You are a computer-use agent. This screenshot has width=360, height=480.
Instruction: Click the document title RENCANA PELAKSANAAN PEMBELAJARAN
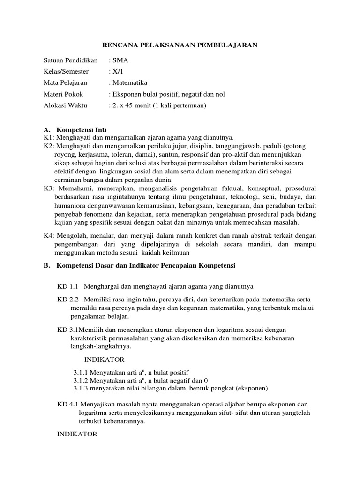[180, 45]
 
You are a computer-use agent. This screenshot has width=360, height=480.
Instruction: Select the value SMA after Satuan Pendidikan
[118, 60]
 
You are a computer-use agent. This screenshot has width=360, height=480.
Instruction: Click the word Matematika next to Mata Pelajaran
[129, 83]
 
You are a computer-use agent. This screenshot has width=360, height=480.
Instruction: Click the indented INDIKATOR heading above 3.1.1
[104, 360]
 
